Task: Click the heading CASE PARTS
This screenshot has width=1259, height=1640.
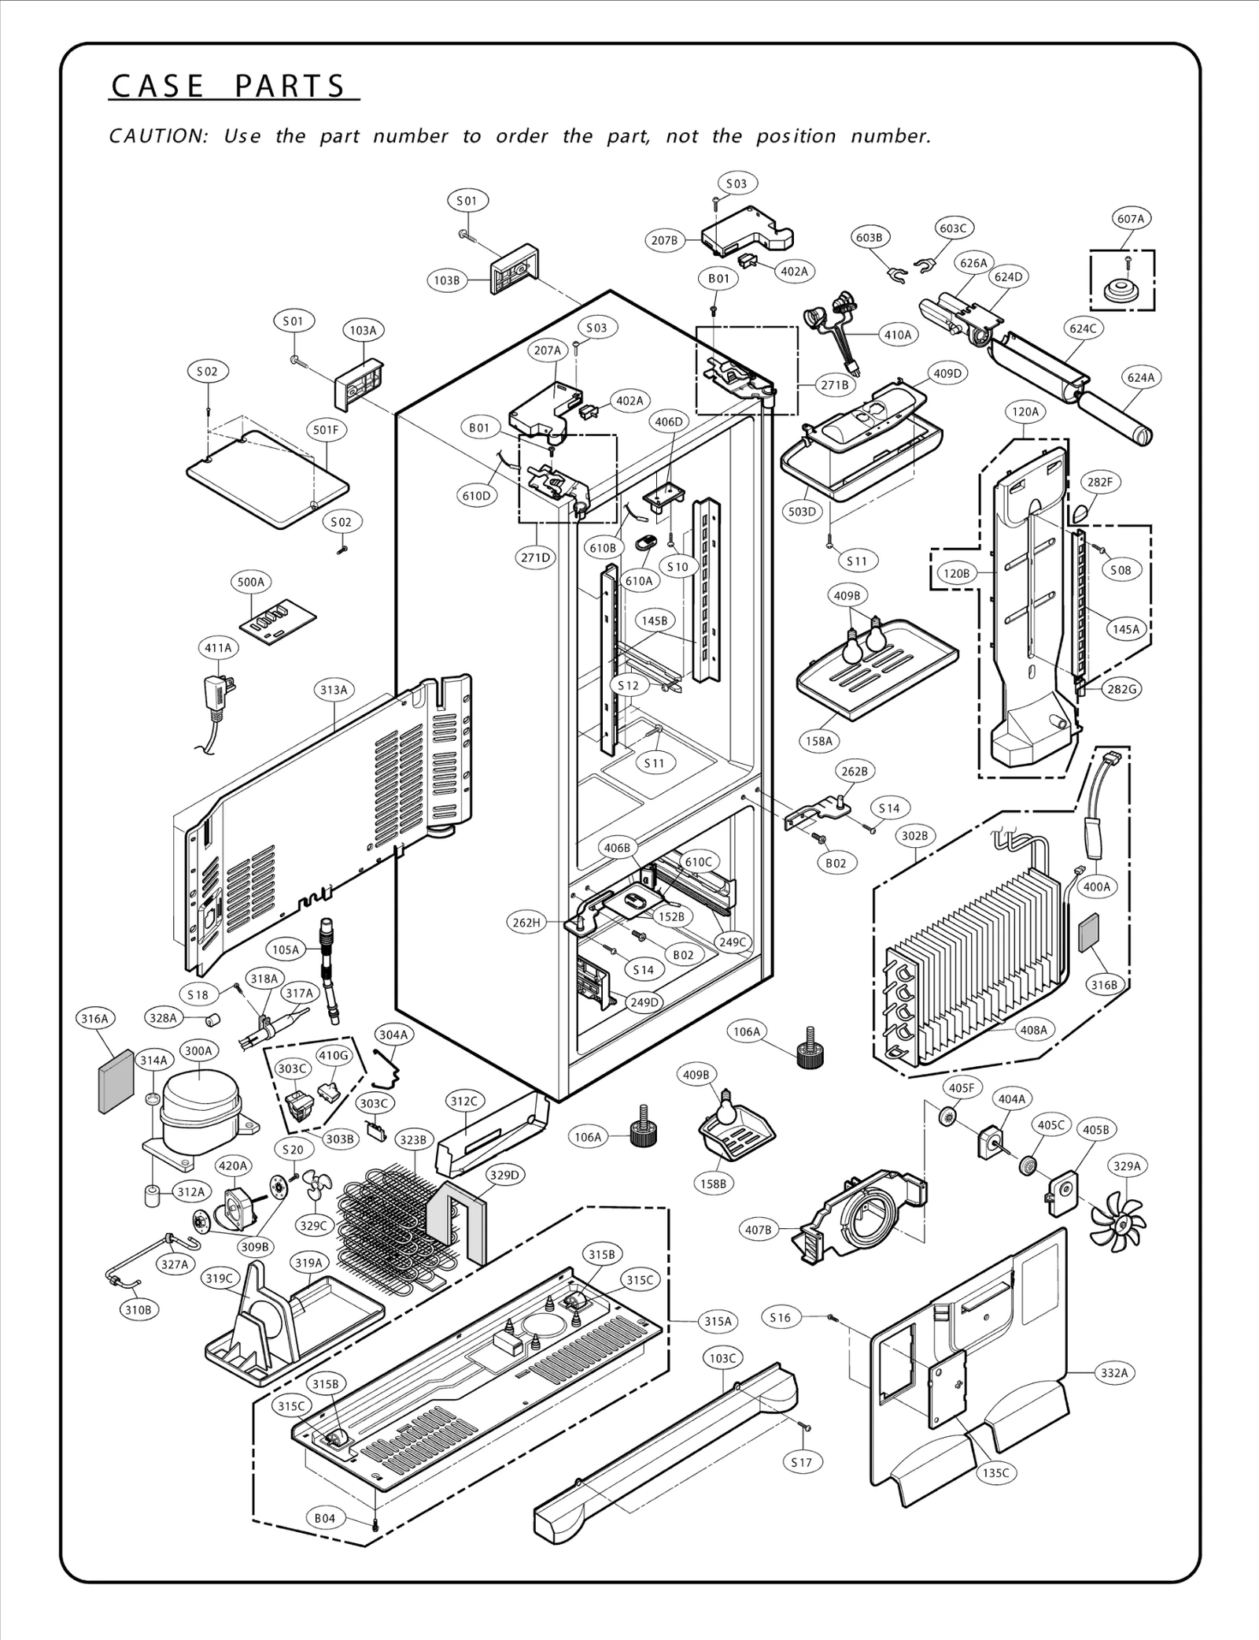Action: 229,87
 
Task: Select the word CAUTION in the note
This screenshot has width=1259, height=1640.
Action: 157,136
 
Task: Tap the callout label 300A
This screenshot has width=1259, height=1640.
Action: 198,1050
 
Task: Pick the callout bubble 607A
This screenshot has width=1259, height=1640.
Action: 1131,219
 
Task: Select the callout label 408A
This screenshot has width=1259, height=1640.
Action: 1033,1029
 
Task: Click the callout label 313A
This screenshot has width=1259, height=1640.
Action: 334,690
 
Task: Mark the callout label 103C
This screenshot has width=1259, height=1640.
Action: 722,1357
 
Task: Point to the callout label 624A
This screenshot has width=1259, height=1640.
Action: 1140,378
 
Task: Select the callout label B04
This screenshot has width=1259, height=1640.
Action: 325,1518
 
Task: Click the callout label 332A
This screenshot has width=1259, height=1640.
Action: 1114,1373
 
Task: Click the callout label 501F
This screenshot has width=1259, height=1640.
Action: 326,430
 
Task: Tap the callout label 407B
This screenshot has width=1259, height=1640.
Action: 759,1229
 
